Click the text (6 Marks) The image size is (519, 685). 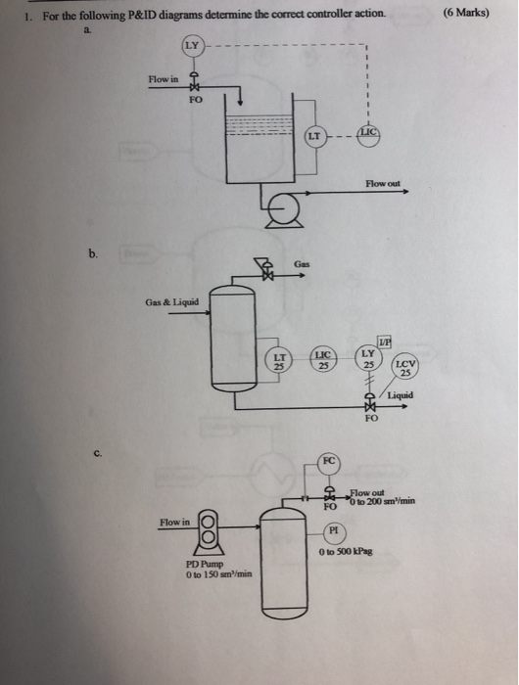(466, 13)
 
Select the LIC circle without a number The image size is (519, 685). (367, 132)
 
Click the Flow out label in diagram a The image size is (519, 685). (382, 183)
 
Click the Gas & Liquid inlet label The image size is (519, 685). (172, 301)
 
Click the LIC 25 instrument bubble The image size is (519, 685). (324, 361)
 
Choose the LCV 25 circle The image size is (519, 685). (405, 370)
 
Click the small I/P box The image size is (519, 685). (384, 339)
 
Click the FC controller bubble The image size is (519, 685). (331, 460)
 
